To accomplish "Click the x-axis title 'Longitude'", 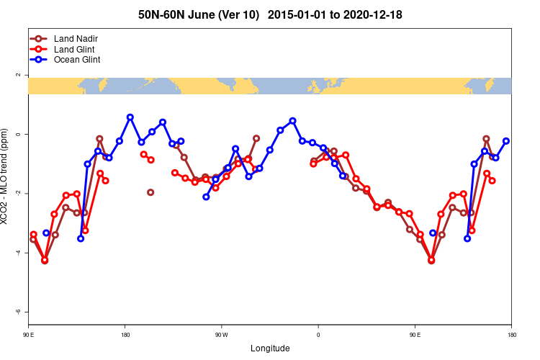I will pos(270,348).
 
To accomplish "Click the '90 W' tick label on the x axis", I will pos(221,334).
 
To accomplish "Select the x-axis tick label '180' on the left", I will pos(125,334).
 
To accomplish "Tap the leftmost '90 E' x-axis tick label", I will pos(28,334).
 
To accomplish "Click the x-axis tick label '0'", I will pos(318,334).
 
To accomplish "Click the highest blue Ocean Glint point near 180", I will pos(130,117).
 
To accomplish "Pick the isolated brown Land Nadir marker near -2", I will pos(150,192).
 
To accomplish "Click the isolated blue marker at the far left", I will pos(46,233).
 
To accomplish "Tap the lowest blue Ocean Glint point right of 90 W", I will pos(206,197).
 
